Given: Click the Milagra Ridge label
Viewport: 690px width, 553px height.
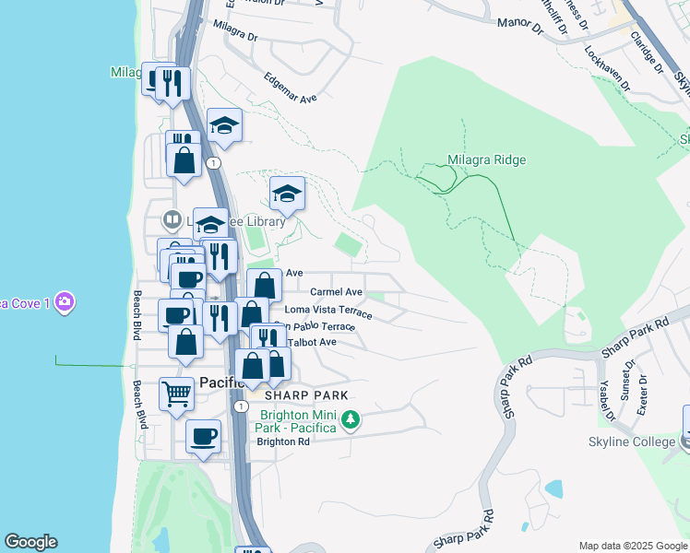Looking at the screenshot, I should [x=486, y=160].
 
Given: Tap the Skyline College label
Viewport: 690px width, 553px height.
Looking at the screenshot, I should [x=632, y=442].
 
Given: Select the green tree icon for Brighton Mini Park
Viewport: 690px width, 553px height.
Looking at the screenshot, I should [x=350, y=421].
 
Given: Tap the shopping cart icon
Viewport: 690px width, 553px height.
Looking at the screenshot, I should [x=177, y=394].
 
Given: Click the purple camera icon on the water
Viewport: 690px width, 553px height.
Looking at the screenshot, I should [x=64, y=301].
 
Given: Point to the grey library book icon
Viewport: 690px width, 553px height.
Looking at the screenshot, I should [x=171, y=220].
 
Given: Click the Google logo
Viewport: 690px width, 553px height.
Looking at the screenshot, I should [x=30, y=542].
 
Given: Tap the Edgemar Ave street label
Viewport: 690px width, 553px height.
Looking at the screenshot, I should [x=290, y=88].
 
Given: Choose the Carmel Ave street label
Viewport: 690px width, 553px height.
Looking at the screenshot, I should [x=336, y=292].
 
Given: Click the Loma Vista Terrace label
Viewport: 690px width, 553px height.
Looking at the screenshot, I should [x=328, y=311].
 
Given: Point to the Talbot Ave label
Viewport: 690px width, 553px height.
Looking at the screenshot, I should [x=312, y=342].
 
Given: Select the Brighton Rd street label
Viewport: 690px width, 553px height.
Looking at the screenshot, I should [x=283, y=441].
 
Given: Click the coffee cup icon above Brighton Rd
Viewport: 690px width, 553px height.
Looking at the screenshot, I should [x=203, y=436].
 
